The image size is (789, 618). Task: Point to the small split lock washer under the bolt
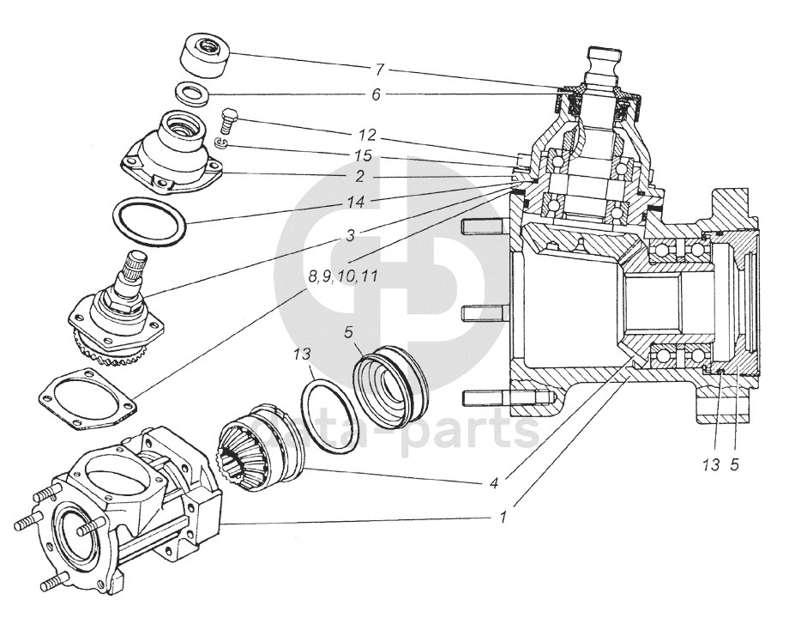pos(221,142)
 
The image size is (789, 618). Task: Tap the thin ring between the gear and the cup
pos(326,415)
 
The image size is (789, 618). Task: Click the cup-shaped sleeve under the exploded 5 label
pos(390,386)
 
